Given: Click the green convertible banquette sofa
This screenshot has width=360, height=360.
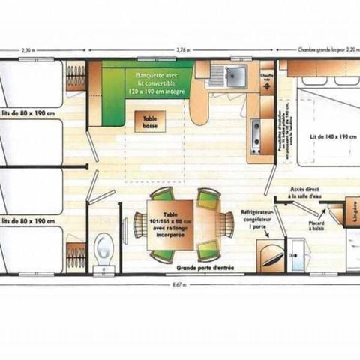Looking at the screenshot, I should (x=147, y=86).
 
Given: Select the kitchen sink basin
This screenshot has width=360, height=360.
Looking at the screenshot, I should (x=233, y=75).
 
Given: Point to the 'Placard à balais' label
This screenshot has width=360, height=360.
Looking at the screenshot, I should (x=315, y=225).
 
